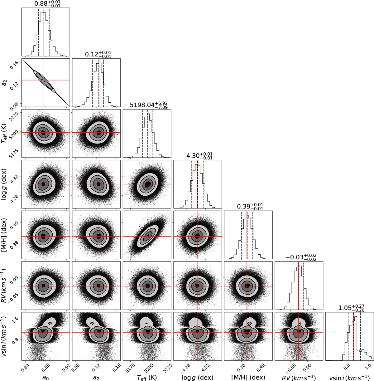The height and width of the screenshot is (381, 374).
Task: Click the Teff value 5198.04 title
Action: coord(149,105)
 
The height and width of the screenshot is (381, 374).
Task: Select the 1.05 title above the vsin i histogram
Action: coord(352,308)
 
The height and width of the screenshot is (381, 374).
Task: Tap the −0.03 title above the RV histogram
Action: coord(301,257)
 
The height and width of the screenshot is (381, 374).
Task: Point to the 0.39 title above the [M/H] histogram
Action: coord(250,207)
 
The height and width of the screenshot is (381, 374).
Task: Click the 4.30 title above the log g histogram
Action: coord(199,156)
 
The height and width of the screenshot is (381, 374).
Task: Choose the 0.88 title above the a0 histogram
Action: coord(47,4)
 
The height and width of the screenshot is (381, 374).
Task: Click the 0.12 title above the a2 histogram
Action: coord(98,54)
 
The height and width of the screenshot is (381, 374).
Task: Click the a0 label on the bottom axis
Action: coord(46,377)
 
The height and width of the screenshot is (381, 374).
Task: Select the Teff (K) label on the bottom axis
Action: coord(147,377)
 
